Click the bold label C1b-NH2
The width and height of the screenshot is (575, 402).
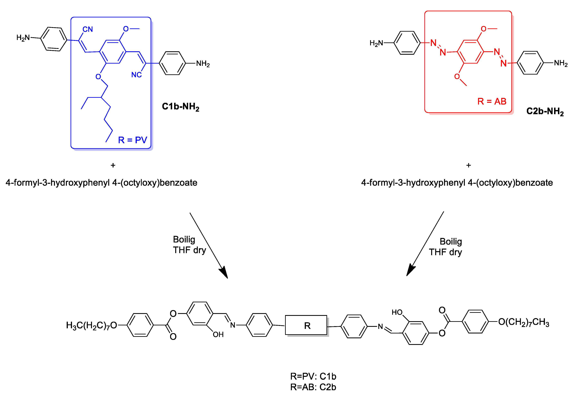tap(180, 107)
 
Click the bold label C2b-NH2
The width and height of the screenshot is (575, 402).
tap(545, 111)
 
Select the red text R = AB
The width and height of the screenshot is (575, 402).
tap(492, 101)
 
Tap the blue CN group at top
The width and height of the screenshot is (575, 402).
tap(88, 29)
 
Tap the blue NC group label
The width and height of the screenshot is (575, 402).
tap(136, 75)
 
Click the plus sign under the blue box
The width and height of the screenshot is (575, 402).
tap(113, 165)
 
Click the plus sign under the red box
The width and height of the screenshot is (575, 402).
tap(468, 165)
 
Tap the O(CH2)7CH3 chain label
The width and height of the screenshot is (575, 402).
tap(523, 322)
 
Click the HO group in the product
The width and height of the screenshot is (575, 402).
tap(397, 312)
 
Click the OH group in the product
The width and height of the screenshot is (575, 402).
tap(218, 334)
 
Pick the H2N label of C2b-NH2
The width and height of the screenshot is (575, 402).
tap(376, 43)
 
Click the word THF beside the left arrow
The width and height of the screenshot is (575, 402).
tap(182, 250)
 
